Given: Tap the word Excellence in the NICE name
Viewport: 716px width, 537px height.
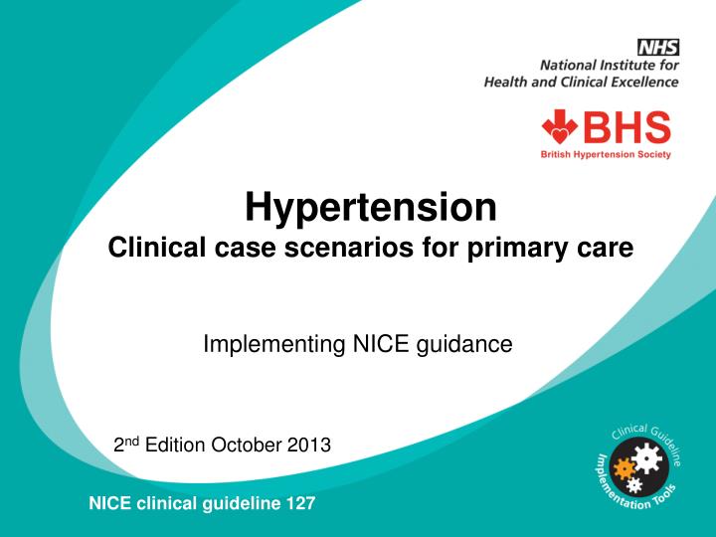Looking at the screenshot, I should [x=643, y=83].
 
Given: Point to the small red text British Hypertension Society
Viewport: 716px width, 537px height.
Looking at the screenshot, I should [x=606, y=154].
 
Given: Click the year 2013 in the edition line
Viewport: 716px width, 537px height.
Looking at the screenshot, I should [x=310, y=444].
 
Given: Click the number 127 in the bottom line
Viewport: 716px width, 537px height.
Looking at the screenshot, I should [x=300, y=503].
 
